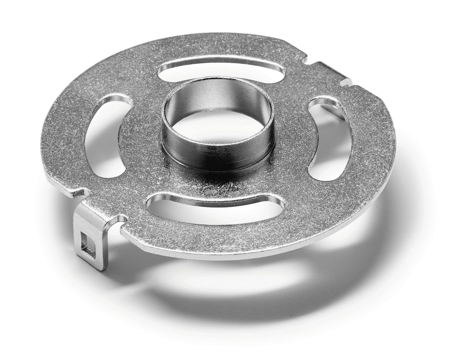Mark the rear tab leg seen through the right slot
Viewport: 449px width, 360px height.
click(x=327, y=111)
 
